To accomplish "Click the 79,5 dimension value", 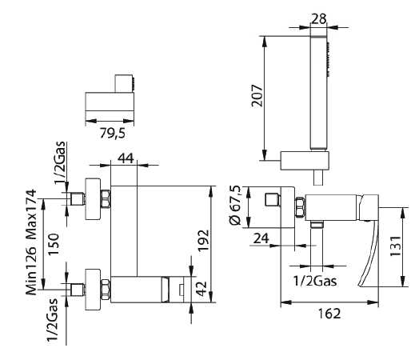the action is click(x=112, y=133).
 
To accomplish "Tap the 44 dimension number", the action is click(x=126, y=158).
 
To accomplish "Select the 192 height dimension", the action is click(x=203, y=240).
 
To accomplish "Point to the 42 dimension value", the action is click(x=202, y=288).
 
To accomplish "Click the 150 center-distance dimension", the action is click(x=54, y=244).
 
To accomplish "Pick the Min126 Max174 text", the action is click(x=31, y=242).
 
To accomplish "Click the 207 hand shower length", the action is click(x=257, y=96).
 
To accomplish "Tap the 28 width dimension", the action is click(x=318, y=19).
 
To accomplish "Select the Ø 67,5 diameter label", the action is click(x=235, y=206).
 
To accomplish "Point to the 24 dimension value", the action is click(x=261, y=238).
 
